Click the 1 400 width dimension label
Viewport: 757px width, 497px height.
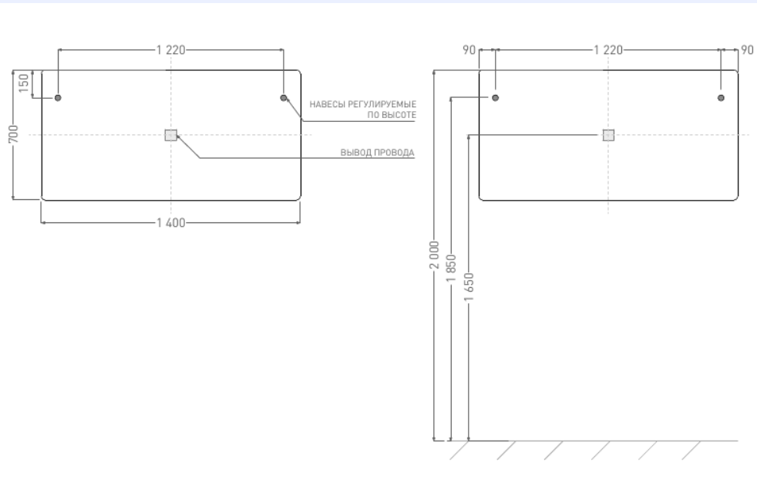point(171,223)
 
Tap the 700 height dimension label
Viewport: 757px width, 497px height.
point(14,134)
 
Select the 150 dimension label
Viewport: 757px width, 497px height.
point(24,83)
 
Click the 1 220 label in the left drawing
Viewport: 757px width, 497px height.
point(171,50)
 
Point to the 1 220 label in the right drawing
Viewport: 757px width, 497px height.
point(608,50)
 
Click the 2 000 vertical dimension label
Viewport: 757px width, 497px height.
point(435,255)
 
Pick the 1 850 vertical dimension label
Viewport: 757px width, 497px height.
point(451,269)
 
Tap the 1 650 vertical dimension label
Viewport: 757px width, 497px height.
point(469,286)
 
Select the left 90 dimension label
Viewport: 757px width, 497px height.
point(469,50)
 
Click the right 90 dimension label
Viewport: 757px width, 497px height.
point(747,50)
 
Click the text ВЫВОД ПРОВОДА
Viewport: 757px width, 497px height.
point(378,153)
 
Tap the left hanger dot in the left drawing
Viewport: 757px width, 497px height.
point(58,98)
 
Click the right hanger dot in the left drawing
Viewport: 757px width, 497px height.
point(284,98)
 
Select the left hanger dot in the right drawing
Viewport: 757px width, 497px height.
point(496,98)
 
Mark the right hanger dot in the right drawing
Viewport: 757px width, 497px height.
point(722,98)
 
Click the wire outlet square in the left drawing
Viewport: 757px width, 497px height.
point(171,135)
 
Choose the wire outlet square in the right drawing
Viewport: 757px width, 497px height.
point(608,135)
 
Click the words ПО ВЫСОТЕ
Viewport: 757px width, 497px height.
point(392,115)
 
